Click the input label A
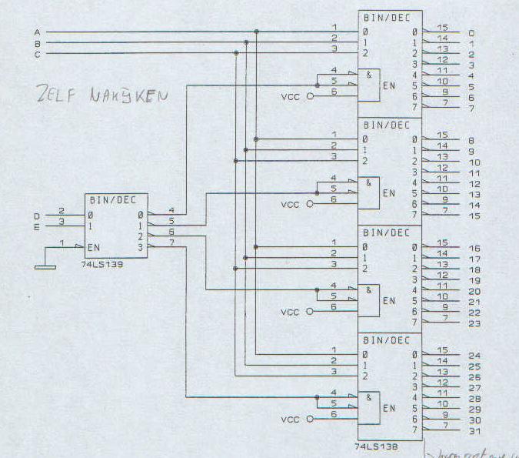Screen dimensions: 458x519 tap(37, 32)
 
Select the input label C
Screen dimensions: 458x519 tap(37, 54)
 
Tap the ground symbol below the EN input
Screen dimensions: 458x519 tap(45, 267)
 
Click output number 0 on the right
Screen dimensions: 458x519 tap(471, 33)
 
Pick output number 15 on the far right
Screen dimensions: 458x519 tap(474, 216)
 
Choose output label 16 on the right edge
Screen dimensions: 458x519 tap(474, 249)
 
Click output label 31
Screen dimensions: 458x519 tap(474, 430)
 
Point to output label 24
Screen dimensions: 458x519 tap(474, 356)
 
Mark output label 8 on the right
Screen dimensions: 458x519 tap(471, 141)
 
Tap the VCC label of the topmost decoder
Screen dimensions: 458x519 tap(290, 97)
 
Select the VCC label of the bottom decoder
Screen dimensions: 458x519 tap(290, 420)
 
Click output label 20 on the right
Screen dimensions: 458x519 tap(474, 291)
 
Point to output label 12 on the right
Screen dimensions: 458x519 tap(474, 184)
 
